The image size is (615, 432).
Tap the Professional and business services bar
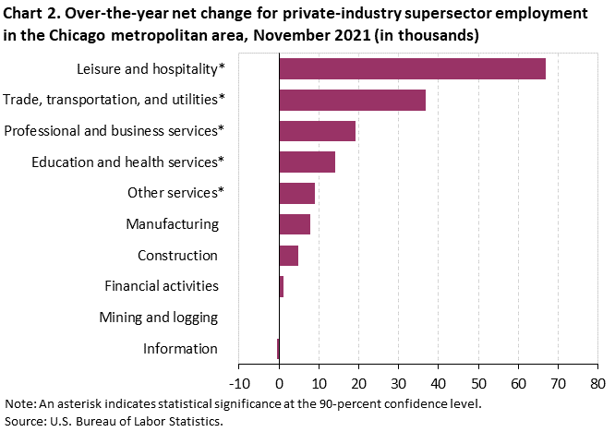317,131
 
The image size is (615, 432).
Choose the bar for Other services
296,193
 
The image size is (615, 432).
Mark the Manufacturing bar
295,224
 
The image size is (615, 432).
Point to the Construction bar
288,256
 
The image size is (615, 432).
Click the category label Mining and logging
158,318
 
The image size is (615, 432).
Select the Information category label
180,349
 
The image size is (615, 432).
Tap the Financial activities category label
161,286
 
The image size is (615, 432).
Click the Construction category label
177,256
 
